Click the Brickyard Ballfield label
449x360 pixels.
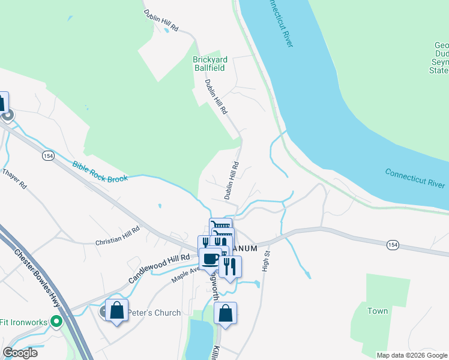pyautogui.click(x=208, y=64)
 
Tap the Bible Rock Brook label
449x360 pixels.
pyautogui.click(x=100, y=172)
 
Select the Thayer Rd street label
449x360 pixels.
pyautogui.click(x=15, y=179)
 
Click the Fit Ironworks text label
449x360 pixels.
pyautogui.click(x=23, y=322)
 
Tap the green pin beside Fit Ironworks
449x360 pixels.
pyautogui.click(x=57, y=322)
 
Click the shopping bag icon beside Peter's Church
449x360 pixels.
pyautogui.click(x=117, y=311)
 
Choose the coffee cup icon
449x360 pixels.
pyautogui.click(x=210, y=259)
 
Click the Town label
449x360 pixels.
pyautogui.click(x=378, y=311)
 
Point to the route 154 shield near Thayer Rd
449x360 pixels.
pyautogui.click(x=48, y=155)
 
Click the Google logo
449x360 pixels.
pyautogui.click(x=20, y=353)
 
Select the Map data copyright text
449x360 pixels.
pyautogui.click(x=412, y=355)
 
